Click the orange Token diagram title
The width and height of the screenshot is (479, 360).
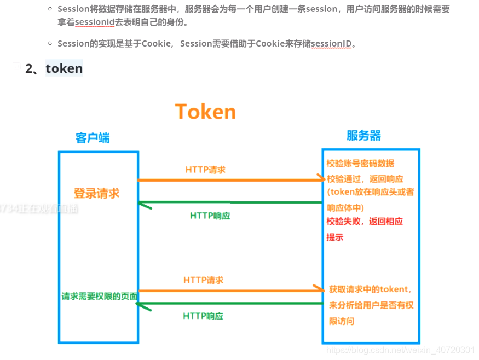[x=205, y=112]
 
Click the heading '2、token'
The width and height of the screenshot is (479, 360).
[x=54, y=68]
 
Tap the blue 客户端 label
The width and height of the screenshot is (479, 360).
[x=93, y=138]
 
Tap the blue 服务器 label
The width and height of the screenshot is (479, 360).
[x=363, y=136]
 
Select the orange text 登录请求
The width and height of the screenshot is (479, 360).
[x=96, y=193]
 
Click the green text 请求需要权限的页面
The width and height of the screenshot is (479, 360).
[x=99, y=296]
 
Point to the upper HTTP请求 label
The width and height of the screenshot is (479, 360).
[x=205, y=170]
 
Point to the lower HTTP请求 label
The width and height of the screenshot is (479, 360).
[x=203, y=280]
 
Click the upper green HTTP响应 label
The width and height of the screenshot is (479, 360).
[x=210, y=216]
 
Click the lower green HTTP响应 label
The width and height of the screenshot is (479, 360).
[x=203, y=316]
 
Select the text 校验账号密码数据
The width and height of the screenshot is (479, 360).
[x=360, y=164]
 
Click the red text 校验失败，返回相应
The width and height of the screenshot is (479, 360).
[x=365, y=222]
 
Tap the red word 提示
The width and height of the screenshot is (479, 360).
[x=334, y=237]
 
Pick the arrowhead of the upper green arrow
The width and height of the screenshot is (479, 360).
[x=143, y=205]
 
